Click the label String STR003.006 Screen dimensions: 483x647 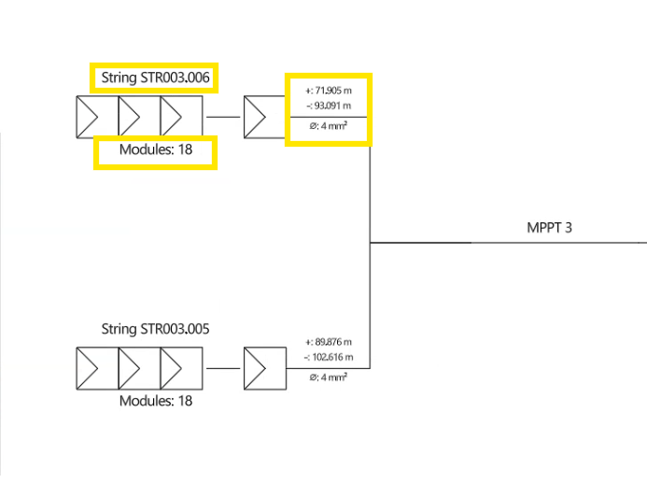(155, 78)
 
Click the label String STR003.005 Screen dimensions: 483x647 (155, 329)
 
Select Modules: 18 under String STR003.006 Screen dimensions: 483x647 (156, 150)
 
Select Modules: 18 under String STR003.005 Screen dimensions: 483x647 (156, 401)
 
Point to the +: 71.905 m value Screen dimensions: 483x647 (328, 91)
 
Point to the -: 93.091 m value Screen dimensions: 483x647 (328, 106)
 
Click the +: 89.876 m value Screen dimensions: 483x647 (328, 342)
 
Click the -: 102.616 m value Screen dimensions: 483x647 (328, 357)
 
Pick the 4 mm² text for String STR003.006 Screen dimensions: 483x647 (329, 126)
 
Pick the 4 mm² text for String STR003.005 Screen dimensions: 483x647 (329, 377)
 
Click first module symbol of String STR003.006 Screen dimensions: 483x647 (95, 117)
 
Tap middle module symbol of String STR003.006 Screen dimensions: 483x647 (138, 117)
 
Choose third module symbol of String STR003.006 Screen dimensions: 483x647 (180, 117)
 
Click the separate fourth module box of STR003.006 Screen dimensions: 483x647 (264, 117)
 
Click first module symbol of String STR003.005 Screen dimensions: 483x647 (95, 368)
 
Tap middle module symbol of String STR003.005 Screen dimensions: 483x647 (138, 368)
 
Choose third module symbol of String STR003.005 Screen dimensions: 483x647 (180, 368)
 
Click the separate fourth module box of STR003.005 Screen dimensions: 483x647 (264, 368)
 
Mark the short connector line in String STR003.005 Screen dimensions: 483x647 (223, 368)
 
